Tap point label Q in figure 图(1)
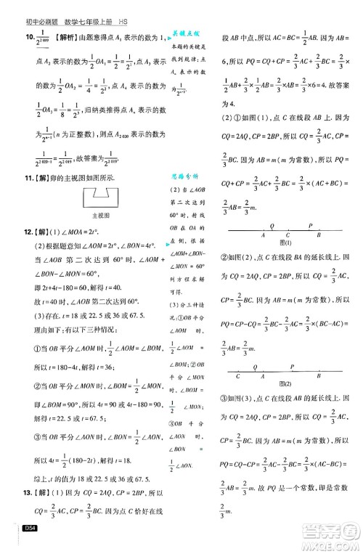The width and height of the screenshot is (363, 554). [x=272, y=227]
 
